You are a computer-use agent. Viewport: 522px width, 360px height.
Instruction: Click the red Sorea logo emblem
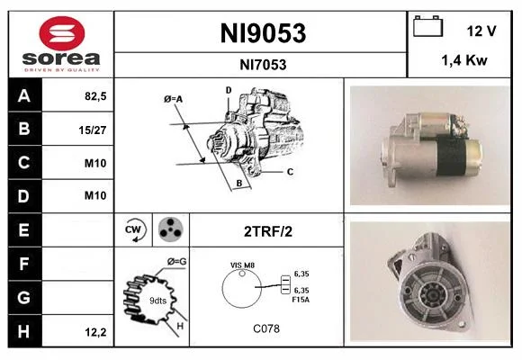tap(62, 33)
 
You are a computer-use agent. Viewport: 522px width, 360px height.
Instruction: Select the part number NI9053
tap(263, 33)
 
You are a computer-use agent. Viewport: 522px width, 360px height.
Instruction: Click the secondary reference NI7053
tap(263, 65)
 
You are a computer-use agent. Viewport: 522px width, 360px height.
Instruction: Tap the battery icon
tap(427, 26)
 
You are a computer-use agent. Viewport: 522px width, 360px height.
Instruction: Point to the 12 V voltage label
tap(481, 31)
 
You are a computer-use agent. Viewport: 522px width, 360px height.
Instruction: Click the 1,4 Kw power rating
tap(464, 60)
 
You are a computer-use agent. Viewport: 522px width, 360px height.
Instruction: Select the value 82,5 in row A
tap(95, 96)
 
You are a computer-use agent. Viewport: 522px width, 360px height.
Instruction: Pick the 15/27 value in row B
tap(93, 130)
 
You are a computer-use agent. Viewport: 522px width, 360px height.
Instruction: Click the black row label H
tap(25, 331)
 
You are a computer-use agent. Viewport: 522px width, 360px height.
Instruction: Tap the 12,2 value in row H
tap(95, 332)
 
